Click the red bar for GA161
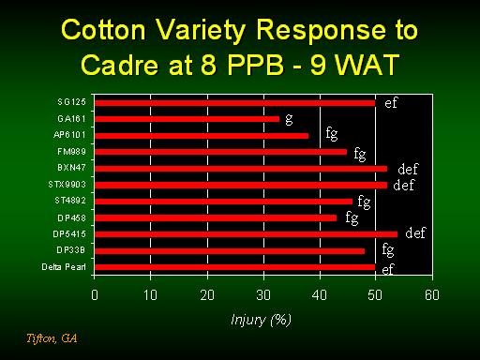pyautogui.click(x=187, y=119)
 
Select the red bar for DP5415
pyautogui.click(x=246, y=234)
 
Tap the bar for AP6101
pyautogui.click(x=202, y=136)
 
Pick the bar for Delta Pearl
pyautogui.click(x=234, y=267)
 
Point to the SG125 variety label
pyautogui.click(x=71, y=102)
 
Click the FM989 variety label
pyautogui.click(x=71, y=152)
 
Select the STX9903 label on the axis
pyautogui.click(x=67, y=185)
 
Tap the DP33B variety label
pyautogui.click(x=71, y=250)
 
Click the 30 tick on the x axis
pyautogui.click(x=263, y=295)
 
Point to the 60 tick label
pyautogui.click(x=432, y=295)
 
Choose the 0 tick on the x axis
pyautogui.click(x=95, y=295)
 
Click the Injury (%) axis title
pyautogui.click(x=261, y=320)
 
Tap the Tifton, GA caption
pyautogui.click(x=52, y=338)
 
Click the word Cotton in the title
pyautogui.click(x=103, y=30)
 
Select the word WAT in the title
pyautogui.click(x=367, y=65)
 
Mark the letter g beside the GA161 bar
pyautogui.click(x=289, y=119)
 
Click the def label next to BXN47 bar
pyautogui.click(x=408, y=169)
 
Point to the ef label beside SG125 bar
pyautogui.click(x=391, y=102)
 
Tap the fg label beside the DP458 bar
pyautogui.click(x=352, y=217)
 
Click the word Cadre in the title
pyautogui.click(x=120, y=65)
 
